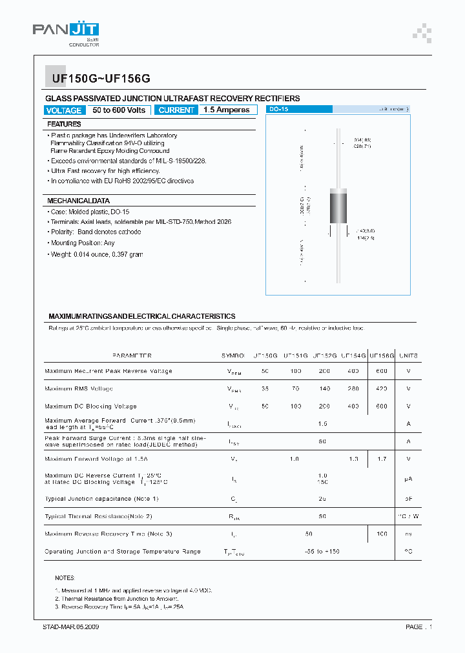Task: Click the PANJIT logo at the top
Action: tap(66, 31)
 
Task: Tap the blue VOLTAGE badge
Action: tap(64, 110)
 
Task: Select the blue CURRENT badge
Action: tap(176, 110)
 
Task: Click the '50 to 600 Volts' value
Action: tap(119, 110)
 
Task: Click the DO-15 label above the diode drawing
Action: tap(280, 110)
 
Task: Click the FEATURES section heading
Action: tap(65, 124)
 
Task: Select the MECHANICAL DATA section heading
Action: tap(79, 201)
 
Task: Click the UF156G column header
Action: tap(381, 356)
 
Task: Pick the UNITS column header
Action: tap(408, 356)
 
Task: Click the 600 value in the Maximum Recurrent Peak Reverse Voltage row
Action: tap(381, 371)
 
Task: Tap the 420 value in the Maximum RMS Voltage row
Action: tap(381, 389)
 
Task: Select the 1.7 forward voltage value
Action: tap(381, 459)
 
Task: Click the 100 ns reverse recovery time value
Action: tap(381, 534)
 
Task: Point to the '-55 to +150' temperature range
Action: tap(322, 552)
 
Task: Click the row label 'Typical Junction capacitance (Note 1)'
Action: tap(101, 499)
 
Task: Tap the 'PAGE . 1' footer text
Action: tap(418, 627)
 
